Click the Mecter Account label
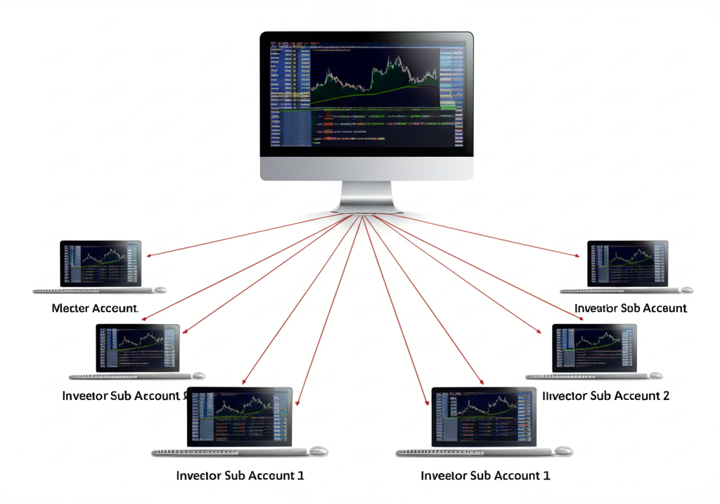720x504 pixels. click(95, 308)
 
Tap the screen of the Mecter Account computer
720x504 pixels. click(101, 263)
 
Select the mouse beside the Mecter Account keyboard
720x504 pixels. click(161, 290)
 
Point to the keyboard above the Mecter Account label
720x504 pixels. click(91, 290)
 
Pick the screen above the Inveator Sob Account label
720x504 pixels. click(628, 263)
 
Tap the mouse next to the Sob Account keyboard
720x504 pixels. click(686, 290)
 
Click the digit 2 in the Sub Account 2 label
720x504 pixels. click(665, 396)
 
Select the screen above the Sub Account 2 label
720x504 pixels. click(594, 347)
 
